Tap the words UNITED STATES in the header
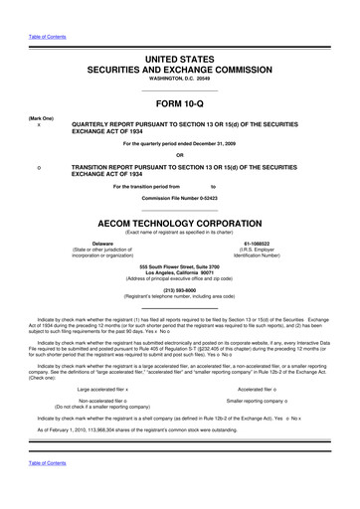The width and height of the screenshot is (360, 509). click(180, 33)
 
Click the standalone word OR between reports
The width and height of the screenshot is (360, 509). click(180, 155)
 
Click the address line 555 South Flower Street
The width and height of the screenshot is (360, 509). click(180, 267)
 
